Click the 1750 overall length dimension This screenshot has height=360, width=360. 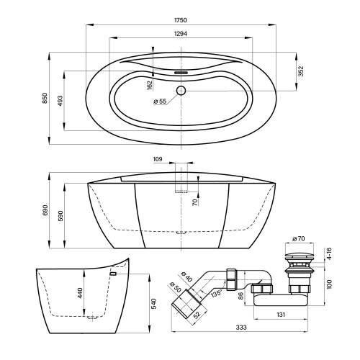[x=181, y=20]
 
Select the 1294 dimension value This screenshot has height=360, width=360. [x=181, y=34]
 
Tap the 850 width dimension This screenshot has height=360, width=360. [x=45, y=98]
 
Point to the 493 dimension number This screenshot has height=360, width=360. [x=60, y=101]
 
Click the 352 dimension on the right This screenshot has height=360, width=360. [x=300, y=71]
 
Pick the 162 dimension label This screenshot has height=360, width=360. [x=150, y=86]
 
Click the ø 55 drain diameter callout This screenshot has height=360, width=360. [x=160, y=102]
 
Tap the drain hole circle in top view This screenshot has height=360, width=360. [x=181, y=91]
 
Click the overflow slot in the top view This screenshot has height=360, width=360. [x=181, y=72]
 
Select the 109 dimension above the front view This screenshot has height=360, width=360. [x=158, y=159]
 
